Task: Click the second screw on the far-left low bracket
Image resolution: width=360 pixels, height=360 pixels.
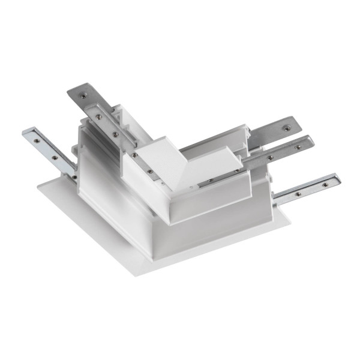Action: [55, 157]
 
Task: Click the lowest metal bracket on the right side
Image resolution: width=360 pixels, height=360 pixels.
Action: [306, 188]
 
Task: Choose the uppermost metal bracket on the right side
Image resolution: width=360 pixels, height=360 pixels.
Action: [273, 132]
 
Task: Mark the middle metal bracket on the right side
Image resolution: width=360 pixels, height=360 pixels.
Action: [282, 152]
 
